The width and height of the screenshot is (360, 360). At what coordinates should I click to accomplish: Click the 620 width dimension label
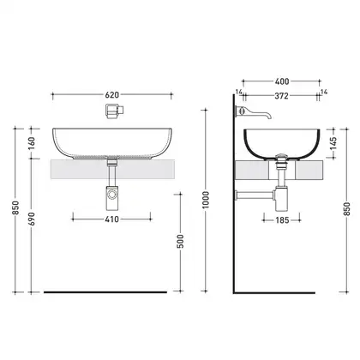pos(111,94)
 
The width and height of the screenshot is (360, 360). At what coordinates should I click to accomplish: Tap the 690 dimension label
pos(32,219)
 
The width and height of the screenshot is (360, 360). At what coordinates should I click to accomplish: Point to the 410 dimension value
pos(111,219)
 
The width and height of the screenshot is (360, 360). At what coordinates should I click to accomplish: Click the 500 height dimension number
pos(180,242)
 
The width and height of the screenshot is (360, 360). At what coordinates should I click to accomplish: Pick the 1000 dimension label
pos(206,200)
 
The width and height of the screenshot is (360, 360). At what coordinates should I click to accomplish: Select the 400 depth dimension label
pos(282,81)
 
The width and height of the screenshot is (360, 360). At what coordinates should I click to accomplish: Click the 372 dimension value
pos(281,96)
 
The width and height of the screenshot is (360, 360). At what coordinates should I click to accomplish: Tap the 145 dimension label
pos(333,143)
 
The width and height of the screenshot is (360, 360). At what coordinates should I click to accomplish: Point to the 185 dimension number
pos(282,220)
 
